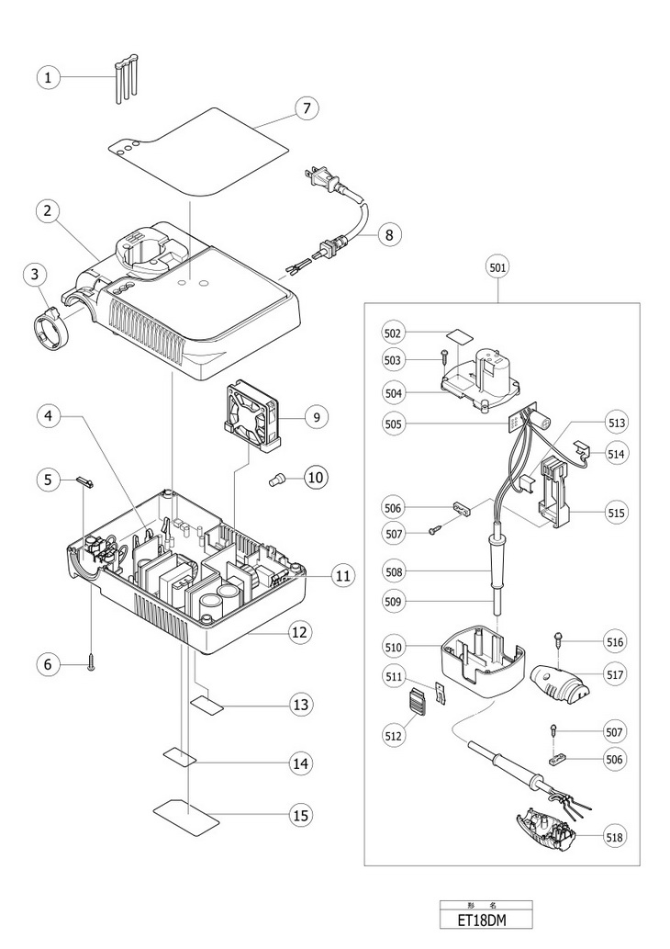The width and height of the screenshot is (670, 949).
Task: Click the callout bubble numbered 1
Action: coord(48,77)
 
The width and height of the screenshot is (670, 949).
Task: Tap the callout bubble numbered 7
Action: coord(307,108)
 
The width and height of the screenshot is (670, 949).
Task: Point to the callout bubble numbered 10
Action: coord(316,478)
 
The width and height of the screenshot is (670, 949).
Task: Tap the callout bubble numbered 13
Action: coord(299,705)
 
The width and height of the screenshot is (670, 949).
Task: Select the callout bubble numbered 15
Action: coord(299,815)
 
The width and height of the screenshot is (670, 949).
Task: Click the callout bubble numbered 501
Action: coord(498,267)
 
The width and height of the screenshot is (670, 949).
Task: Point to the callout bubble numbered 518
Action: coord(616,837)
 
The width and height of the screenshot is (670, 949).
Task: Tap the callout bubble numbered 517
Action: coord(616,673)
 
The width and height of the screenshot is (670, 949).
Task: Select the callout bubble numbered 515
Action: coord(616,512)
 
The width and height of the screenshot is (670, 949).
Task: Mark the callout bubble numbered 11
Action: coord(342,576)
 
